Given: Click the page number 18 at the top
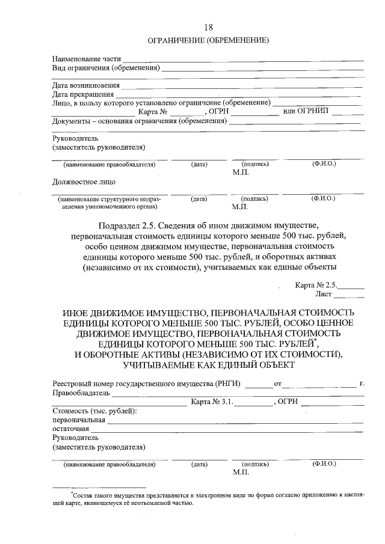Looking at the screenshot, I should pyautogui.click(x=208, y=27).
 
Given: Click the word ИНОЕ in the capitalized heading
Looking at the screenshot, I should pyautogui.click(x=78, y=314).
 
